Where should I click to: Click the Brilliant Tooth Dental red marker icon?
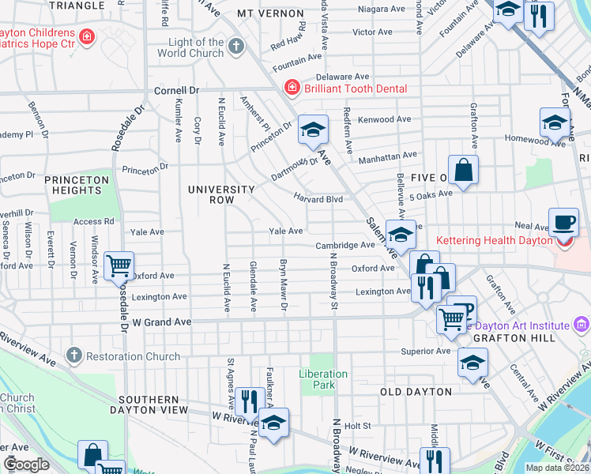(292, 88)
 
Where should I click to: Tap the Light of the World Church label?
(196, 47)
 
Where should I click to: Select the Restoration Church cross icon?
(73, 355)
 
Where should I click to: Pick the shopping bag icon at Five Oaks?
(464, 170)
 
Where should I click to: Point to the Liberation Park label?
(323, 379)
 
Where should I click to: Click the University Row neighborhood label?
(221, 194)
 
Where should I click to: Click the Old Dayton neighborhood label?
(416, 392)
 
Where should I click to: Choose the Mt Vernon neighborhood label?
(270, 14)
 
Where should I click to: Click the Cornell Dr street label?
(175, 90)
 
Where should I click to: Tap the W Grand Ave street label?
(162, 322)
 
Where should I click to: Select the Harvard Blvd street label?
(318, 199)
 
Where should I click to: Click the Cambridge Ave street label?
(344, 246)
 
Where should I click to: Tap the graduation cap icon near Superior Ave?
(473, 362)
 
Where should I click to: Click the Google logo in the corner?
(26, 465)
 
